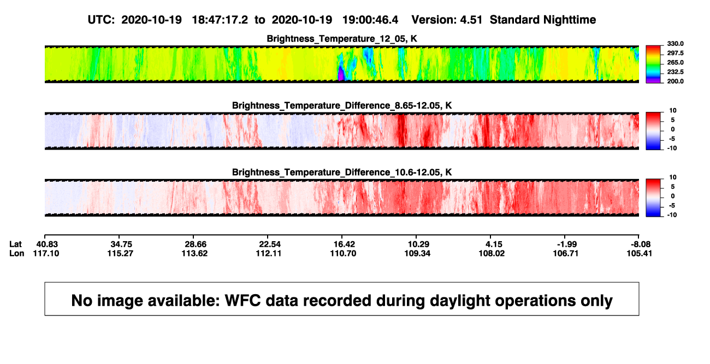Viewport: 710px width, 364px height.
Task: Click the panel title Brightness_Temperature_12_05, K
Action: (x=342, y=39)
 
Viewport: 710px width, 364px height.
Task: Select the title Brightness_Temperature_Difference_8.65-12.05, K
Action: (x=342, y=105)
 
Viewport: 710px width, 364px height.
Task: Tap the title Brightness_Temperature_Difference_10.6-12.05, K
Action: (x=342, y=172)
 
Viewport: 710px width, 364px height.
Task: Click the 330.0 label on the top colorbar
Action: (x=675, y=44)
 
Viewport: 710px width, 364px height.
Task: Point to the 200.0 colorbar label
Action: (x=675, y=81)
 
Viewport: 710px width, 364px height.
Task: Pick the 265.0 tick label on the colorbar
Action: (x=675, y=62)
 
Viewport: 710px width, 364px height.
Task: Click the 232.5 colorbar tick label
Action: (x=675, y=72)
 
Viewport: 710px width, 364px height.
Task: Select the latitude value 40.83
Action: (x=47, y=244)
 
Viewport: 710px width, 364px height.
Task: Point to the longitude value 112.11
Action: (x=269, y=253)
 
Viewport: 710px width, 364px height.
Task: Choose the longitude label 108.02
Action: (x=492, y=253)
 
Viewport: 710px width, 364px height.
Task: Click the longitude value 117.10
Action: (x=46, y=253)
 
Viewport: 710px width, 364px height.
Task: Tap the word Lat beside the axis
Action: (x=15, y=244)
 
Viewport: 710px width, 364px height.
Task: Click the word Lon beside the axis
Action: (x=17, y=253)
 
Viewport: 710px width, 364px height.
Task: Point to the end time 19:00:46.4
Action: (x=370, y=20)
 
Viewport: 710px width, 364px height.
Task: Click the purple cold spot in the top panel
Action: (x=341, y=74)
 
